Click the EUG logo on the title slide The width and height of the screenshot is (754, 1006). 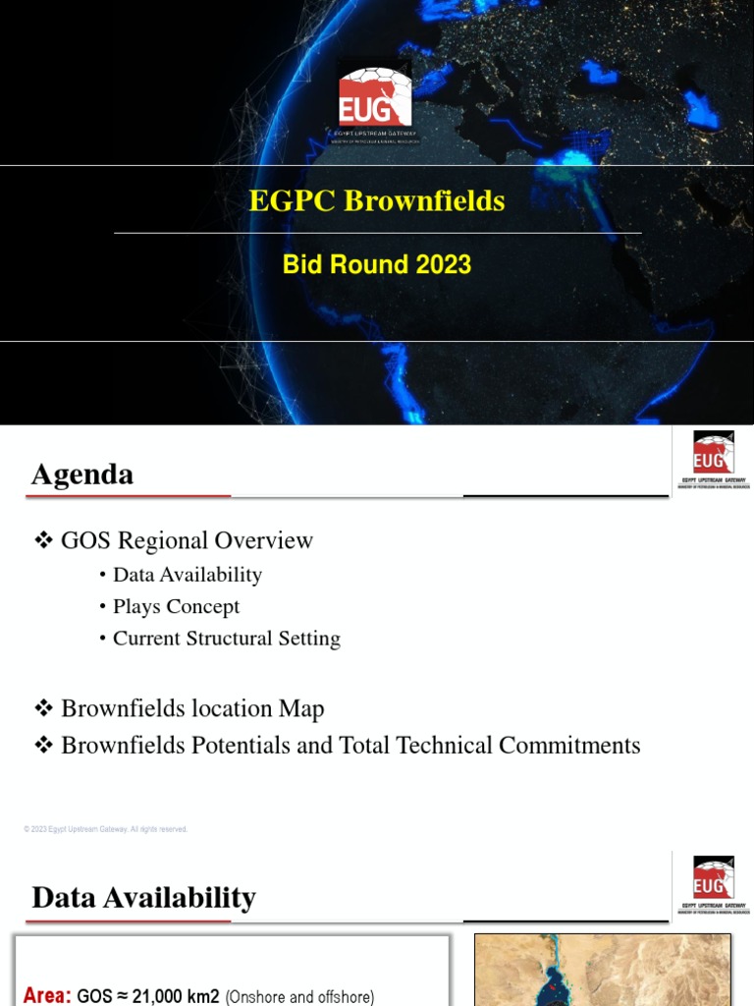coord(375,98)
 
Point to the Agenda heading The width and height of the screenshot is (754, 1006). coord(82,475)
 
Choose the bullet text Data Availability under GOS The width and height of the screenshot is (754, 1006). coord(188,575)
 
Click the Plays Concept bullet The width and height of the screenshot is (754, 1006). coord(176,606)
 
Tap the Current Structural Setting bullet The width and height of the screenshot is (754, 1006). coord(227,638)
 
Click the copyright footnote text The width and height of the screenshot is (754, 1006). coord(105,829)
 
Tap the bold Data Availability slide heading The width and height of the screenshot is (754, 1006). coord(143,897)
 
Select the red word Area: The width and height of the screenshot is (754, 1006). coord(47,995)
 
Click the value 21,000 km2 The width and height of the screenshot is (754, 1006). coord(174,996)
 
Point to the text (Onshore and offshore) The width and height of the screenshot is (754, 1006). coord(299,996)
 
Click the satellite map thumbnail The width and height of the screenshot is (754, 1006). coord(603,971)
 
